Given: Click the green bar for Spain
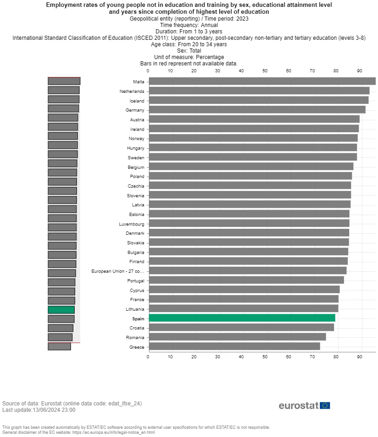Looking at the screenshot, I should click(242, 318).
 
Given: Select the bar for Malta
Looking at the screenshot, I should click(262, 81).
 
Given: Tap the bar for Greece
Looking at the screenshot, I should click(234, 347).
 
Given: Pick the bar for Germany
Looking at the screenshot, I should click(257, 110).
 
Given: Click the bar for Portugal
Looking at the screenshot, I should click(246, 280).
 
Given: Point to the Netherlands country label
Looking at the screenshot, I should click(132, 92).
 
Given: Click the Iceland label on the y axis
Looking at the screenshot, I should click(137, 101).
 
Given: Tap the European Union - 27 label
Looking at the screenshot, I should click(117, 271).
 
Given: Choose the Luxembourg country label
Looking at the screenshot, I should click(132, 224).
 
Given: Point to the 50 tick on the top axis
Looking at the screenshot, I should click(265, 70).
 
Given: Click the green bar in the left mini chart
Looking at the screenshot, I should click(61, 310).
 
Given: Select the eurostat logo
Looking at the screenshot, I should click(299, 406).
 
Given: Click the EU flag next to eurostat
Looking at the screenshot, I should click(325, 405).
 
